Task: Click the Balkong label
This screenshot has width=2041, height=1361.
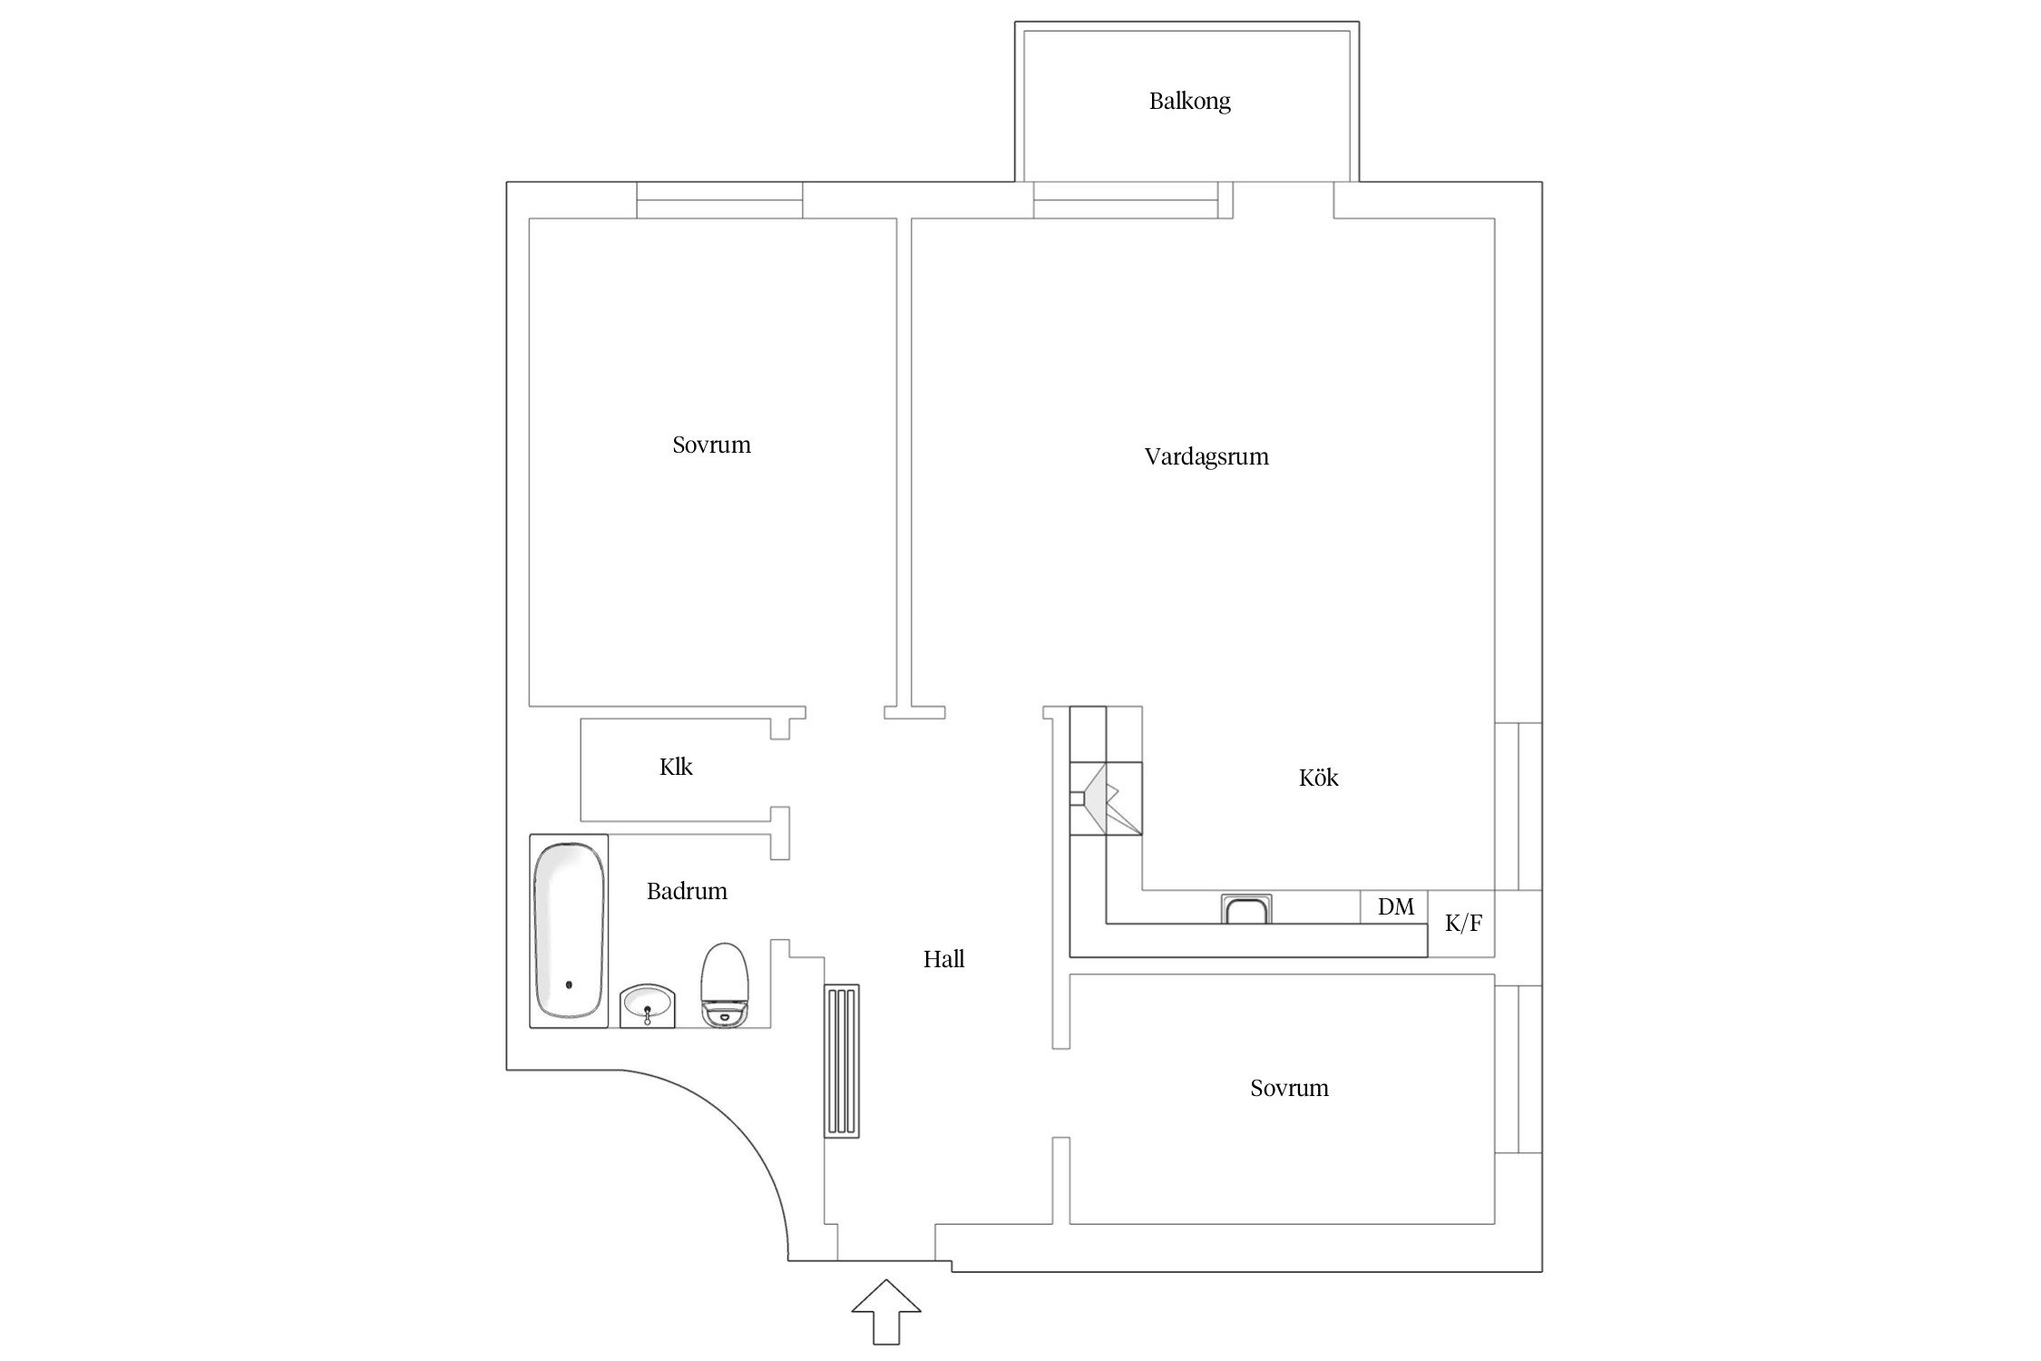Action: pyautogui.click(x=1189, y=101)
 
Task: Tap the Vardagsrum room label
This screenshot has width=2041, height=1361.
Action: pyautogui.click(x=1206, y=456)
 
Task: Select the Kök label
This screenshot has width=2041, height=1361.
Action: pyautogui.click(x=1318, y=778)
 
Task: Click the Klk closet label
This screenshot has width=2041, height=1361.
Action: pyautogui.click(x=676, y=768)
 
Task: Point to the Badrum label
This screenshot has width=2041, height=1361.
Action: pyautogui.click(x=687, y=891)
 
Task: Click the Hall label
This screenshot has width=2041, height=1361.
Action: pyautogui.click(x=943, y=959)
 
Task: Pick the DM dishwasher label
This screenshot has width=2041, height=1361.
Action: pyautogui.click(x=1395, y=906)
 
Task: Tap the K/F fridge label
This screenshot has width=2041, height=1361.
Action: pyautogui.click(x=1463, y=924)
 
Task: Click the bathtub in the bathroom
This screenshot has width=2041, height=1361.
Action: pyautogui.click(x=569, y=931)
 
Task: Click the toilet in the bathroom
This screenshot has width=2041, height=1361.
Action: pyautogui.click(x=725, y=985)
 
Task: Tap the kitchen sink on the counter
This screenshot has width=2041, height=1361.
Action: pyautogui.click(x=1246, y=908)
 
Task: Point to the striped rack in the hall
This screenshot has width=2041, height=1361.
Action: pyautogui.click(x=842, y=1061)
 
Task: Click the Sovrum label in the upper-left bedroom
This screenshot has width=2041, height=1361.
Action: pyautogui.click(x=711, y=446)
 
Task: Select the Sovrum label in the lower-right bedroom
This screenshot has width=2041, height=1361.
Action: pyautogui.click(x=1289, y=1088)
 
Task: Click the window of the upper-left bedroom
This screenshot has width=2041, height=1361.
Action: pyautogui.click(x=719, y=201)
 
